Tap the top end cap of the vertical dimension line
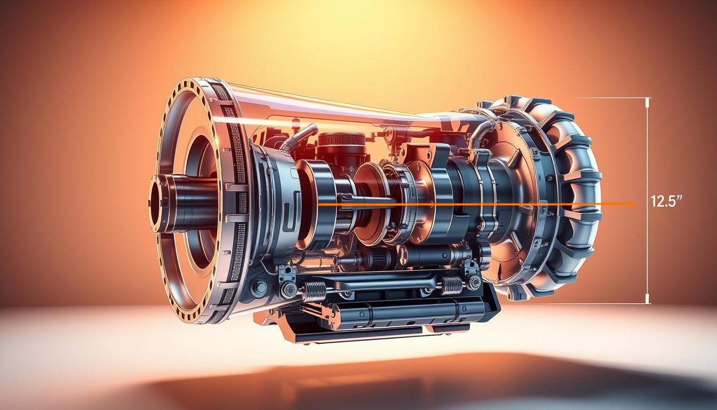pyautogui.click(x=648, y=98)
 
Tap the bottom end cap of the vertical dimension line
pyautogui.click(x=648, y=303)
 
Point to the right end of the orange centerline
pyautogui.click(x=635, y=204)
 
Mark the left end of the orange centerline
pyautogui.click(x=318, y=204)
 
